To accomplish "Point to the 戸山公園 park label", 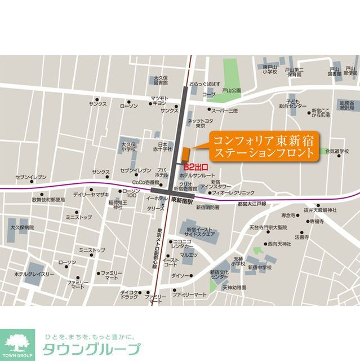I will click(x=231, y=90).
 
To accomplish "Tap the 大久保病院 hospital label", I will click(x=22, y=227).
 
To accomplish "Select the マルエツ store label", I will click(x=189, y=256).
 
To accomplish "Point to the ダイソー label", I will click(x=181, y=275).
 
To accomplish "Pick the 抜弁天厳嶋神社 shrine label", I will click(x=319, y=210).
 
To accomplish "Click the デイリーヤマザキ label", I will click(x=90, y=193).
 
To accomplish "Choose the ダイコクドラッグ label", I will click(x=129, y=294).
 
